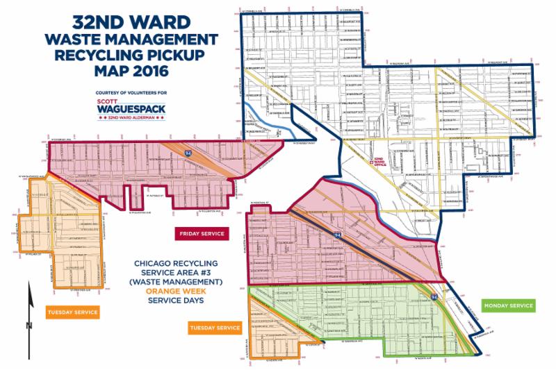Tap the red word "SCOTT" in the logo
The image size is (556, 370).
coord(111,99)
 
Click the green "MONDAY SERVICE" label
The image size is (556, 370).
coord(508,305)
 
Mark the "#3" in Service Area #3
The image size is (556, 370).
coord(210,273)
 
